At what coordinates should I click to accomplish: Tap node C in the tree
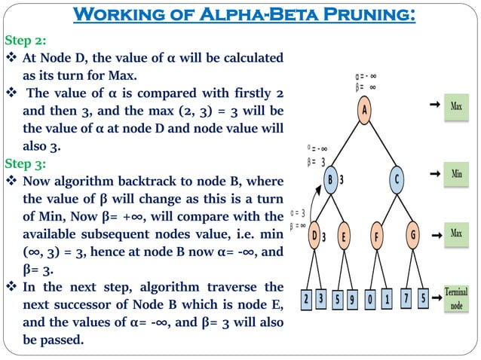coord(397,180)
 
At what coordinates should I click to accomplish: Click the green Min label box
coord(456,174)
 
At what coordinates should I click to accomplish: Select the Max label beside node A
coord(456,107)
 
